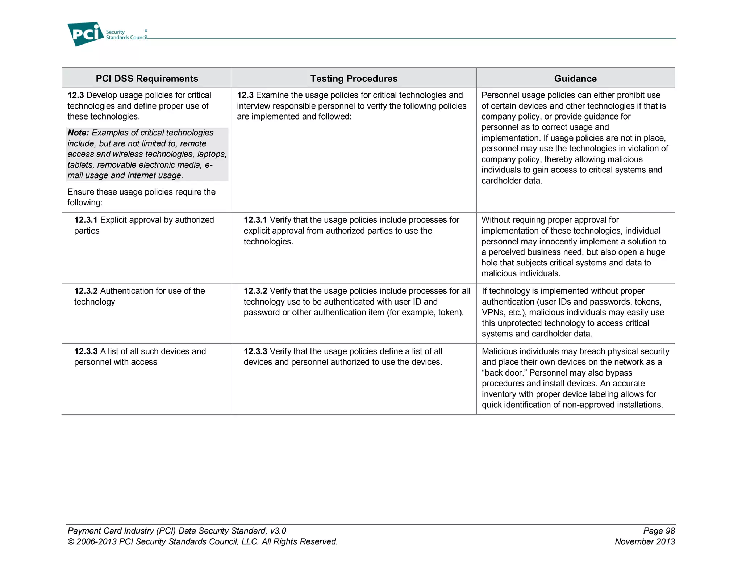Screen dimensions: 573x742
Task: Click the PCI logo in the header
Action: [86, 34]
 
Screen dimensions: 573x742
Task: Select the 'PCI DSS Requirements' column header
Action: [147, 79]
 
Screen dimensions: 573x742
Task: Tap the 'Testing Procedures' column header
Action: [354, 79]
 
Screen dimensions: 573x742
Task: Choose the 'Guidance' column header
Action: [575, 79]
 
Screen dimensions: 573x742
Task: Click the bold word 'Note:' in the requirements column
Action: [78, 133]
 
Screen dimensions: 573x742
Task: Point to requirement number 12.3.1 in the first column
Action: [86, 220]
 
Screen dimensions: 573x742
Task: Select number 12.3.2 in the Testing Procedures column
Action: [255, 291]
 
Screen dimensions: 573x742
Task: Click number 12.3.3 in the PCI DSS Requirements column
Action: [86, 351]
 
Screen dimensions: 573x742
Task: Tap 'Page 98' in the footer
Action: [659, 531]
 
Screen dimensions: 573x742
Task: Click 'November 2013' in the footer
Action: [645, 542]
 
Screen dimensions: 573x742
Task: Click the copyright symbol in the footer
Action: [71, 542]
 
